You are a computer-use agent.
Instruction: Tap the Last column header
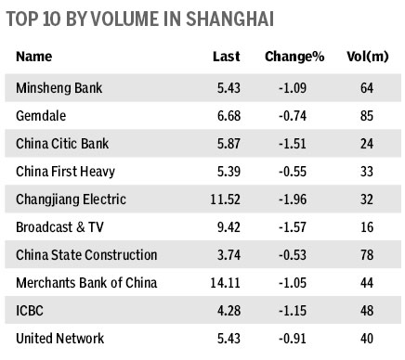click(x=227, y=58)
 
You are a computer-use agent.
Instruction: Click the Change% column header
click(x=294, y=58)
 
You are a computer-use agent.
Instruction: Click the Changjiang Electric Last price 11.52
click(x=223, y=199)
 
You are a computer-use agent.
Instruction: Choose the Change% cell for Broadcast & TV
click(x=304, y=226)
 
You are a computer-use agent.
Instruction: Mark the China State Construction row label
click(x=87, y=254)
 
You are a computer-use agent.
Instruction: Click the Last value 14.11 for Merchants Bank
click(x=223, y=282)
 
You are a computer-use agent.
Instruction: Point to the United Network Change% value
click(x=304, y=338)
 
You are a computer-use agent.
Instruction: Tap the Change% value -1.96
click(x=304, y=199)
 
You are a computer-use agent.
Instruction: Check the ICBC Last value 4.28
click(x=227, y=310)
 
